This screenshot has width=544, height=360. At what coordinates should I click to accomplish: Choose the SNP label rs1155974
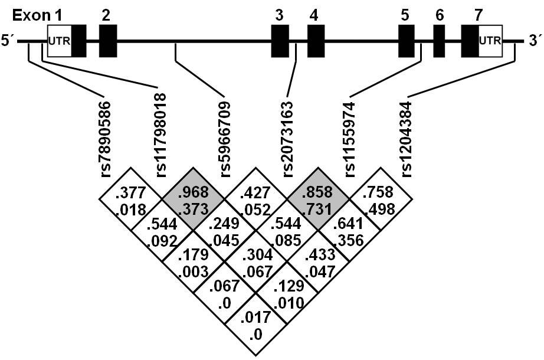(x=349, y=135)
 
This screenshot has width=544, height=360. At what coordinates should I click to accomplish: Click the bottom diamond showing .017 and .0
(x=255, y=324)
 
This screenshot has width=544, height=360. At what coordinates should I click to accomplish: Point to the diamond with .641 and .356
(x=348, y=230)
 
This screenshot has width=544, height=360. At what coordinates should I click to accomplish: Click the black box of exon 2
(x=107, y=41)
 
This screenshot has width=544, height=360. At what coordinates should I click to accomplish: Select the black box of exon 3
(x=280, y=41)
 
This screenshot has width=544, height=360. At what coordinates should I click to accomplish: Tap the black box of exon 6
(x=439, y=41)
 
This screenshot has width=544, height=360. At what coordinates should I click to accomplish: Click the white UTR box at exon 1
(x=59, y=41)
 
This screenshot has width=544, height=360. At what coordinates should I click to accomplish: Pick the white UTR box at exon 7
(x=490, y=41)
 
